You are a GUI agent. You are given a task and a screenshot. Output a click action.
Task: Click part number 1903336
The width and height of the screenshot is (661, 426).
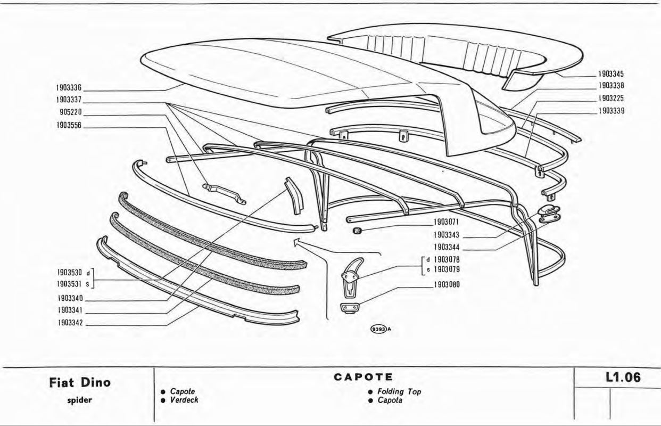[x=69, y=87]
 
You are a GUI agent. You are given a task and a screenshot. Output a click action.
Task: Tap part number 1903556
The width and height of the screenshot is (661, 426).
[x=69, y=126]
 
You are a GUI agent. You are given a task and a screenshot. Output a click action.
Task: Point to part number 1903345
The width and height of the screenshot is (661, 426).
[x=610, y=75]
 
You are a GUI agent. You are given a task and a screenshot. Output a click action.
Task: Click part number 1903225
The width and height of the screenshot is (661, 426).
[x=610, y=99]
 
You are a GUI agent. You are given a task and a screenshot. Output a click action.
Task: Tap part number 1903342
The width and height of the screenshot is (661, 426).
[x=69, y=323]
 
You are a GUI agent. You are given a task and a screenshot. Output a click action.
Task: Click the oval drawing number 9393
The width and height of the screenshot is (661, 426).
[x=377, y=329]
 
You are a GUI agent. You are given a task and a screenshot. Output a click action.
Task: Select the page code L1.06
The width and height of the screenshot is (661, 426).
[x=623, y=378]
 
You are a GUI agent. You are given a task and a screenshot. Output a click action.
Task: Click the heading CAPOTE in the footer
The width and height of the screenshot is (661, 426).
[x=363, y=377]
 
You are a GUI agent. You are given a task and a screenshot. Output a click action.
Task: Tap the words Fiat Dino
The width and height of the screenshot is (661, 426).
[x=81, y=383]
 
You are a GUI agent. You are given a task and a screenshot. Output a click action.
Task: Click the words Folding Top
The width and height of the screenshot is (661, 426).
[x=399, y=391]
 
